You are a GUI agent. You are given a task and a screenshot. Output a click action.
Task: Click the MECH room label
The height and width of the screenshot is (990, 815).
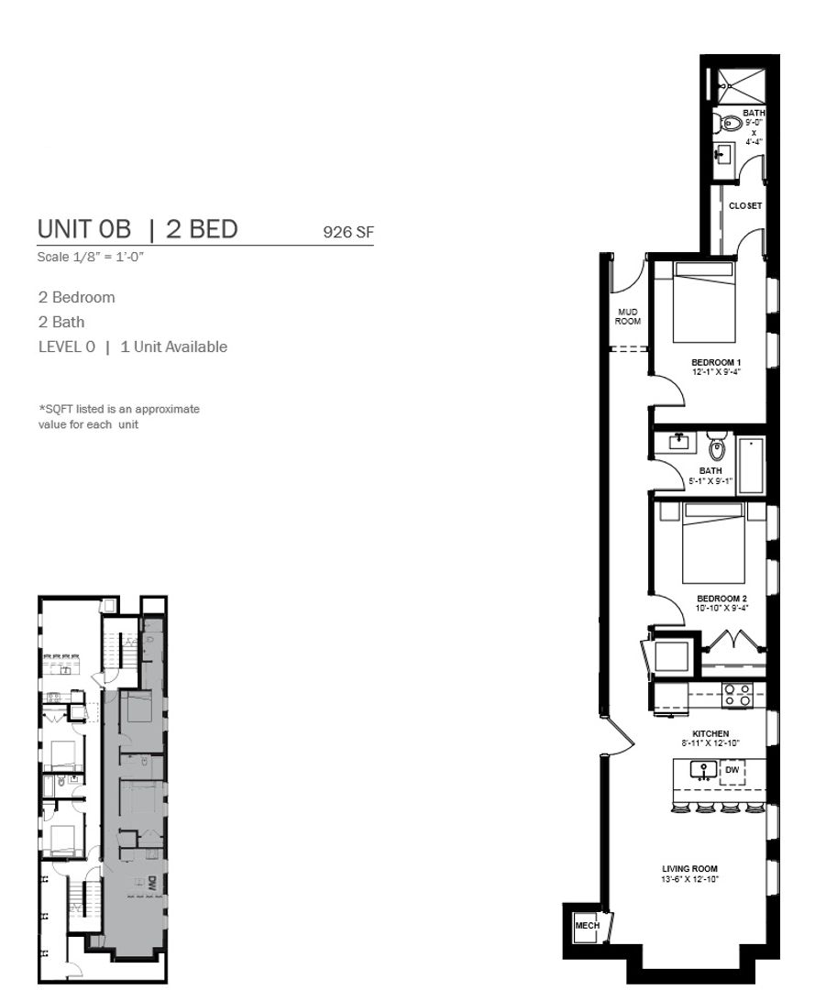[587, 925]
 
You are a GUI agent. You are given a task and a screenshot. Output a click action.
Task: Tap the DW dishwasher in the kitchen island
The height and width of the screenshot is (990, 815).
[732, 772]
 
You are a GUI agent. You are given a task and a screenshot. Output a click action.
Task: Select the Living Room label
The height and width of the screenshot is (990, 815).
[689, 869]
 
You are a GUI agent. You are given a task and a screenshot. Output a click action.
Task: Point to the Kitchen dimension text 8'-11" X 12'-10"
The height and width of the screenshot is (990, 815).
[710, 743]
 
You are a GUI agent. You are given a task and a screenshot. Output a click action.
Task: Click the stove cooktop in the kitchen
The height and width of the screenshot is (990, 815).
[737, 695]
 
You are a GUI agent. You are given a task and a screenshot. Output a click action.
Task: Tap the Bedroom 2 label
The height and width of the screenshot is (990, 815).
[721, 599]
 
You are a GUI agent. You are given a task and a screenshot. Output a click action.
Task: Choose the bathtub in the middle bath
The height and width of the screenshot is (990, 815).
[751, 466]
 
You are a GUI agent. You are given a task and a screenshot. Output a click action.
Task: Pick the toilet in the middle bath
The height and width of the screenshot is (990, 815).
[717, 446]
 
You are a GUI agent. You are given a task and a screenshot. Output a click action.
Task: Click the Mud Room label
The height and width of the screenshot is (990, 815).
[627, 316]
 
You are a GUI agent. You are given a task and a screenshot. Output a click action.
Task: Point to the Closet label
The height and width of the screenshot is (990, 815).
[745, 206]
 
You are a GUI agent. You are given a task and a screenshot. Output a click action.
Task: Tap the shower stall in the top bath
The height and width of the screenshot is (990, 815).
[739, 86]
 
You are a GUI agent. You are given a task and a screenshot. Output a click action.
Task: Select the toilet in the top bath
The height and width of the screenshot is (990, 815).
[727, 123]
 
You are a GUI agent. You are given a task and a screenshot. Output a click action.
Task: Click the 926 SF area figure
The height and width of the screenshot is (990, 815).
[347, 232]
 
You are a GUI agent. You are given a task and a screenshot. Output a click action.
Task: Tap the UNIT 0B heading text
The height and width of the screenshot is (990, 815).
[84, 228]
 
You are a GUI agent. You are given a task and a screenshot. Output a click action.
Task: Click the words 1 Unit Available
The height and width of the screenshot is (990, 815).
[173, 346]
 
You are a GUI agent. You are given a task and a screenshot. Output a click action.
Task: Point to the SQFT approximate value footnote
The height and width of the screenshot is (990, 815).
[118, 417]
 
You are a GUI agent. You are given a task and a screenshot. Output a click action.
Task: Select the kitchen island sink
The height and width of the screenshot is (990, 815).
[703, 771]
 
